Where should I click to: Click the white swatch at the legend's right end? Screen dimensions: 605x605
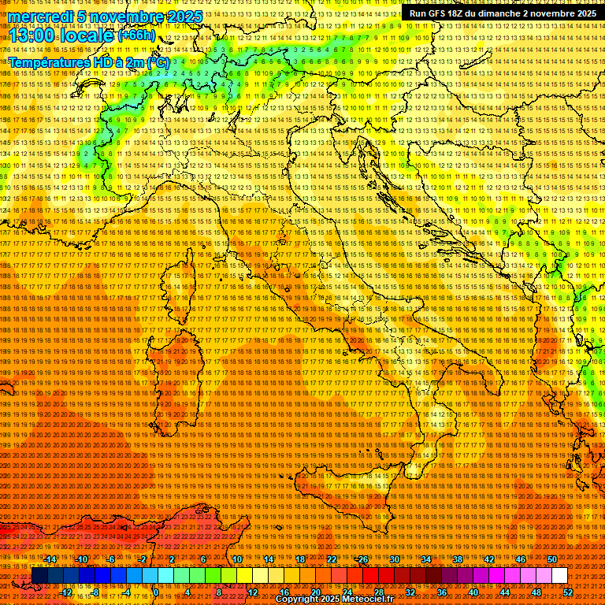(559, 576)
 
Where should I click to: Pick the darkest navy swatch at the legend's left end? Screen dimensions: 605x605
(39, 576)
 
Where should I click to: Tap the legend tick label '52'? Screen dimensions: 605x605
(567, 592)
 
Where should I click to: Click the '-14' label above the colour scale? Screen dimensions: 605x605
(50, 559)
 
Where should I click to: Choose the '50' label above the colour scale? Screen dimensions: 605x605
(551, 559)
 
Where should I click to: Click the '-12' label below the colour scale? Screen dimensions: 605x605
(66, 592)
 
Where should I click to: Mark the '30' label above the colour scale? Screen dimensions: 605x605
(394, 559)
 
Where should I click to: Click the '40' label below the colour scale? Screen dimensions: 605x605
(473, 592)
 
